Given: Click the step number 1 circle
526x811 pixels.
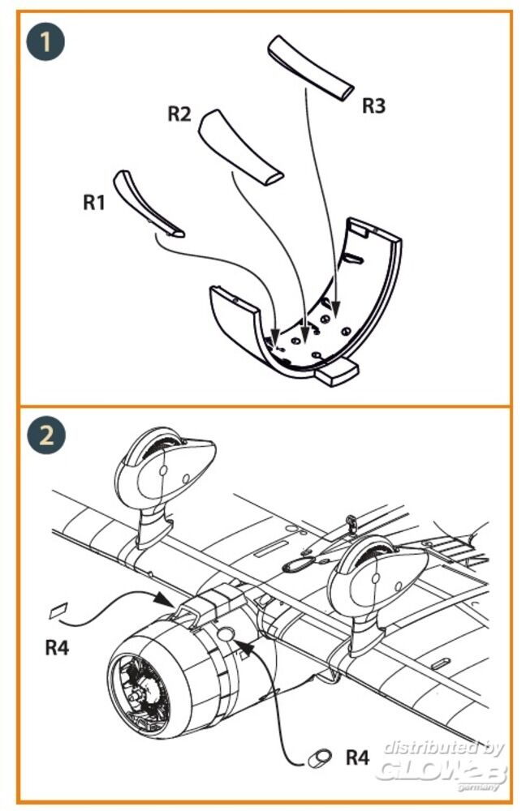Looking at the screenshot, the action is point(45,41).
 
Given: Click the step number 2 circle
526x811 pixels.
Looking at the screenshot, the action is point(46,436).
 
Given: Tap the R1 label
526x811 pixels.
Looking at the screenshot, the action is point(93,202).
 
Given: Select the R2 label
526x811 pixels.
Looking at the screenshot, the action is point(179,114).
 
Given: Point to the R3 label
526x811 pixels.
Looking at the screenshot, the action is point(373,105).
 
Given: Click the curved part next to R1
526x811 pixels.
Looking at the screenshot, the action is point(145,203).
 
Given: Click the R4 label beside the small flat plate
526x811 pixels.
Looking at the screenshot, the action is point(57,647).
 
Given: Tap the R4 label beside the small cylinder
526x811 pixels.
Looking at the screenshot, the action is point(358,757).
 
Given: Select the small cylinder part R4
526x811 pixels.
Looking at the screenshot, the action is point(319,757).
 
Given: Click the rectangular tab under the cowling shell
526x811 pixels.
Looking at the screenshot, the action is point(337,372).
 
